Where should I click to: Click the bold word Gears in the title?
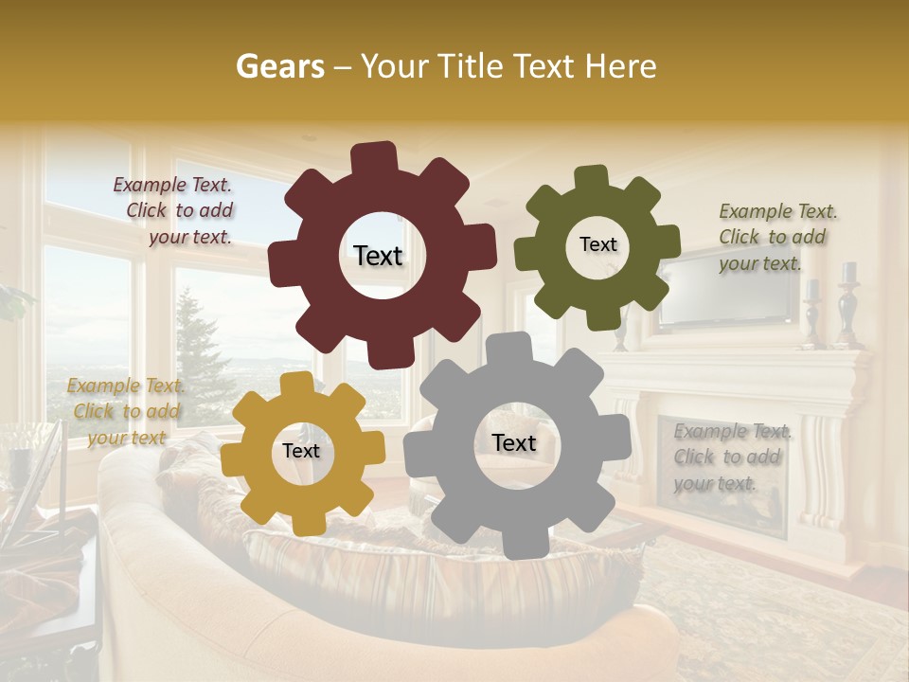click(x=278, y=66)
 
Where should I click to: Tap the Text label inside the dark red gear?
click(x=378, y=256)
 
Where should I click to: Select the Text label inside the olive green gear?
click(x=597, y=244)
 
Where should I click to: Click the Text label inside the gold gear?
click(x=301, y=451)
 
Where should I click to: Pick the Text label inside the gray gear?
click(x=514, y=443)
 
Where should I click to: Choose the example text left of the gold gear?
click(x=125, y=411)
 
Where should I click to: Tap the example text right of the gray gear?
click(x=731, y=457)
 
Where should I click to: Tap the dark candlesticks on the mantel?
click(x=846, y=303)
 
